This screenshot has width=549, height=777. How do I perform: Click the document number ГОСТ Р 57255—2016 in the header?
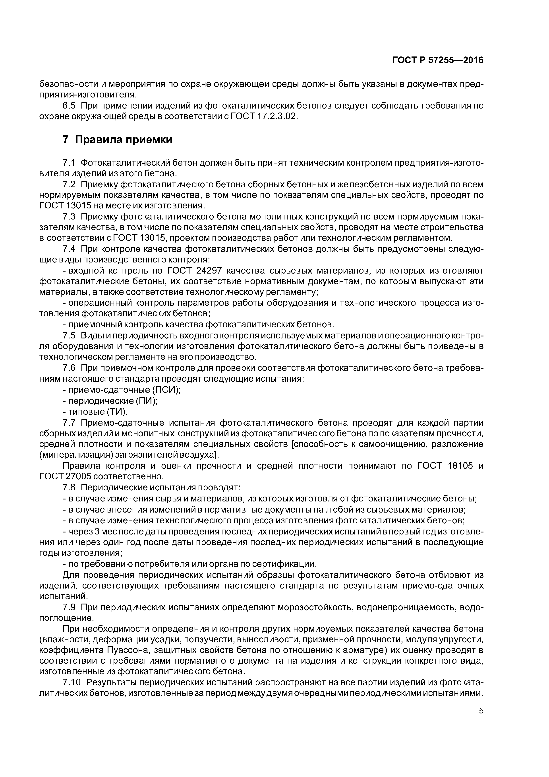(x=438, y=60)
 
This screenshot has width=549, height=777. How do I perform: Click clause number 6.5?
(x=69, y=106)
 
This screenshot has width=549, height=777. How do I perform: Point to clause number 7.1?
(x=69, y=163)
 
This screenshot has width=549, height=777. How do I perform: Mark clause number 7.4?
(x=69, y=249)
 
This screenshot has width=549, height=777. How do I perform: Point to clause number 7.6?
(x=69, y=368)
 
